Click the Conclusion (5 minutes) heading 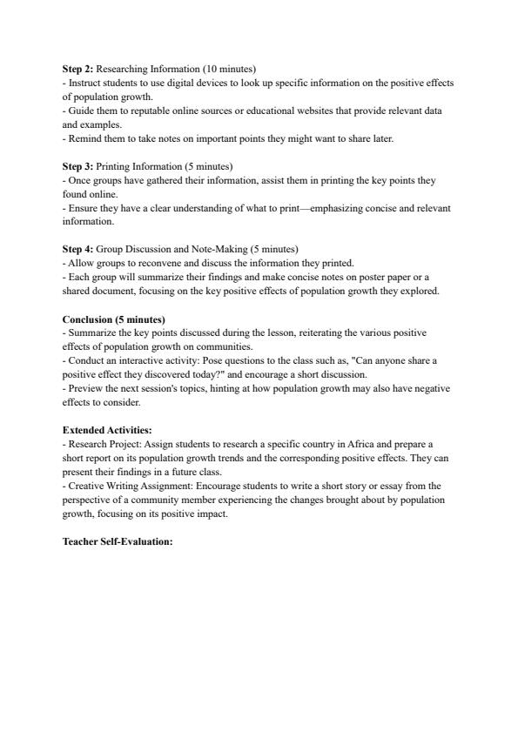(x=113, y=319)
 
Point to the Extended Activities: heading (x=107, y=430)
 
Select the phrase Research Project (x=102, y=443)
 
